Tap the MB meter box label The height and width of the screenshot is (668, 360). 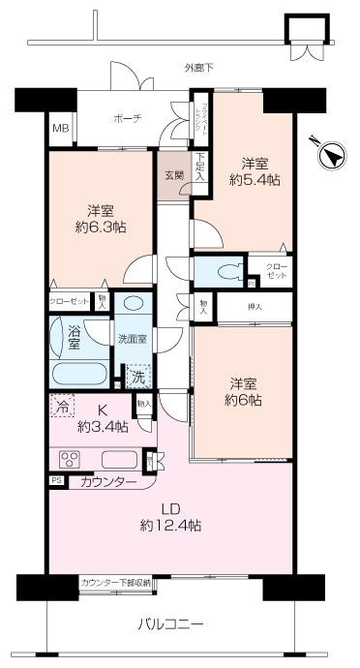coord(60,128)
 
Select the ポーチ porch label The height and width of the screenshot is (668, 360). coord(127,118)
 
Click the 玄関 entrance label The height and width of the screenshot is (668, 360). coord(173,175)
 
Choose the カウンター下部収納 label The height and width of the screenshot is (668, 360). coord(115,583)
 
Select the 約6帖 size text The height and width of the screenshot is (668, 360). coord(244,399)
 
